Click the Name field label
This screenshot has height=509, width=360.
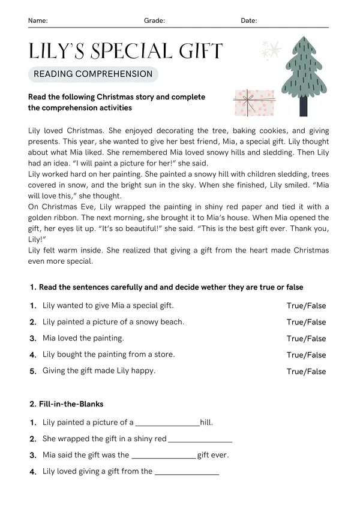(x=38, y=20)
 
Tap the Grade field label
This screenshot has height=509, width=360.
(x=154, y=20)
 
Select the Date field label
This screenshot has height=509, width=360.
(x=249, y=20)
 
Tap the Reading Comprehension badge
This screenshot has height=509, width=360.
(x=93, y=74)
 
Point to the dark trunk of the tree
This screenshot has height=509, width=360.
(x=303, y=107)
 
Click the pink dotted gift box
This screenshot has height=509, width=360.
(x=253, y=103)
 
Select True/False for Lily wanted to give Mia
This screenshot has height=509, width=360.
(x=306, y=306)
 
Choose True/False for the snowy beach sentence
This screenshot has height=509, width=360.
(x=306, y=322)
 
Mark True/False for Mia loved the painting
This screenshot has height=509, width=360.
(x=306, y=339)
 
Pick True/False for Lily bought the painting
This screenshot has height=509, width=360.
(x=306, y=355)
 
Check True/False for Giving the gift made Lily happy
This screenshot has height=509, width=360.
(x=306, y=372)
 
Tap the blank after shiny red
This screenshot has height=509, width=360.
(x=200, y=439)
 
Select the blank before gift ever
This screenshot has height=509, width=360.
(x=163, y=456)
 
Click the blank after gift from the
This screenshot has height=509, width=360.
(x=187, y=472)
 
